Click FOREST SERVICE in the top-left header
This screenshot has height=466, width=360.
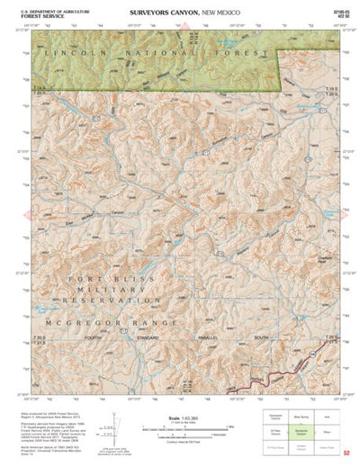point(46,16)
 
